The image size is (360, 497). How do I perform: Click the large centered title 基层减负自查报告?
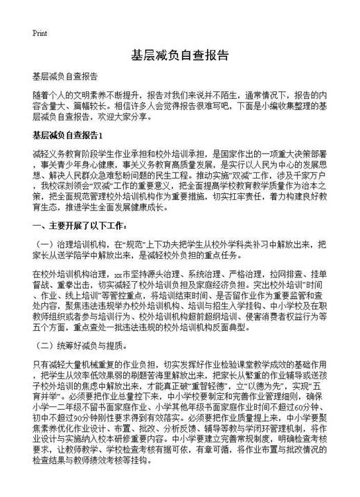pyautogui.click(x=179, y=55)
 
